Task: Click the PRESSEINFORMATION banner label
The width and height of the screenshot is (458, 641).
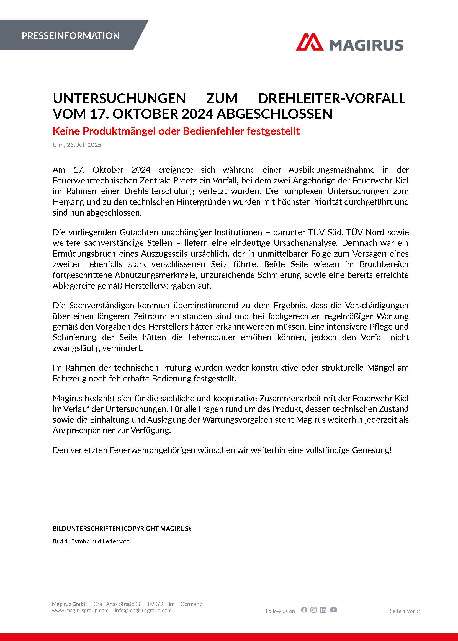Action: [71, 36]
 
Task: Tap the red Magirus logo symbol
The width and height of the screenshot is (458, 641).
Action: [309, 43]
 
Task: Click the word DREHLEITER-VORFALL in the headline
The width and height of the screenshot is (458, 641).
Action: [331, 99]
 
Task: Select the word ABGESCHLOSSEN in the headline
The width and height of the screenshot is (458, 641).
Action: [274, 114]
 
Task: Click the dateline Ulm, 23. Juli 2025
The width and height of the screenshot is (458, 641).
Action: [77, 145]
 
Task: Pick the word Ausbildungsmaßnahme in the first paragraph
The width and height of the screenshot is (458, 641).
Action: [331, 170]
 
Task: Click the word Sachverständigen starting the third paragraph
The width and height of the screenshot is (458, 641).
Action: [102, 305]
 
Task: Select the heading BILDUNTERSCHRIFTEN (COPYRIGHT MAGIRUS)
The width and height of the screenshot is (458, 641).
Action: [122, 529]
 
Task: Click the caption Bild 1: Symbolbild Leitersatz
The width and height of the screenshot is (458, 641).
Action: [91, 541]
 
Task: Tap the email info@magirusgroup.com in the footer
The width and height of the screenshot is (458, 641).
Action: [143, 610]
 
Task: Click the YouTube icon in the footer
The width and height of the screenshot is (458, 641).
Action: [333, 610]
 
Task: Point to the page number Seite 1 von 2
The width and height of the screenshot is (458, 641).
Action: [404, 611]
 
